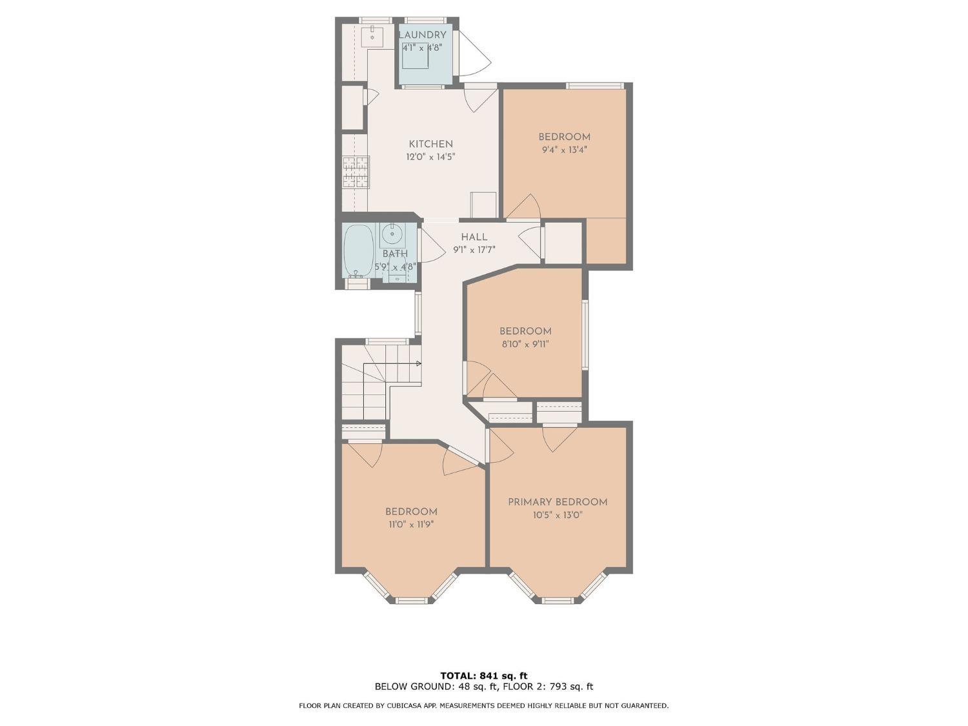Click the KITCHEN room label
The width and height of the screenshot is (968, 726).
pos(430,144)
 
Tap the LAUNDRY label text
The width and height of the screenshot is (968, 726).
pos(422,35)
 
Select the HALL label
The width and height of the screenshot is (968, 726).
pos(474,237)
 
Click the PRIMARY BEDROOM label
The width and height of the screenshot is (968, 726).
pos(558,502)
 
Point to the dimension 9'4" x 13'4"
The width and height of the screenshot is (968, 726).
pos(564,150)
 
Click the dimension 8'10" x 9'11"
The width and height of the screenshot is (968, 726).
pos(525,344)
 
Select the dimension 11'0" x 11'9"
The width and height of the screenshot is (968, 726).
pos(411,525)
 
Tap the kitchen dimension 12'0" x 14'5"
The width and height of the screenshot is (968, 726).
pos(430,157)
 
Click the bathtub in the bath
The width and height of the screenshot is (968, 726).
pos(358,250)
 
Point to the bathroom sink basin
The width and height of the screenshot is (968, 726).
pos(392,233)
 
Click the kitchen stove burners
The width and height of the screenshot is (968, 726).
pos(356,172)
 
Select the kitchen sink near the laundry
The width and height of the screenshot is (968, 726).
pos(372,35)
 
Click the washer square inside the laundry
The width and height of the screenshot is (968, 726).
pos(416,57)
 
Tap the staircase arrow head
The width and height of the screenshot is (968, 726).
pos(419,364)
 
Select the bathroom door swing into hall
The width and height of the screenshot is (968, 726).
pos(431,244)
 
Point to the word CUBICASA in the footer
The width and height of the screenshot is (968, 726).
pos(397,706)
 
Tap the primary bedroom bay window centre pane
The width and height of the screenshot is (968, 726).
pos(558,600)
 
